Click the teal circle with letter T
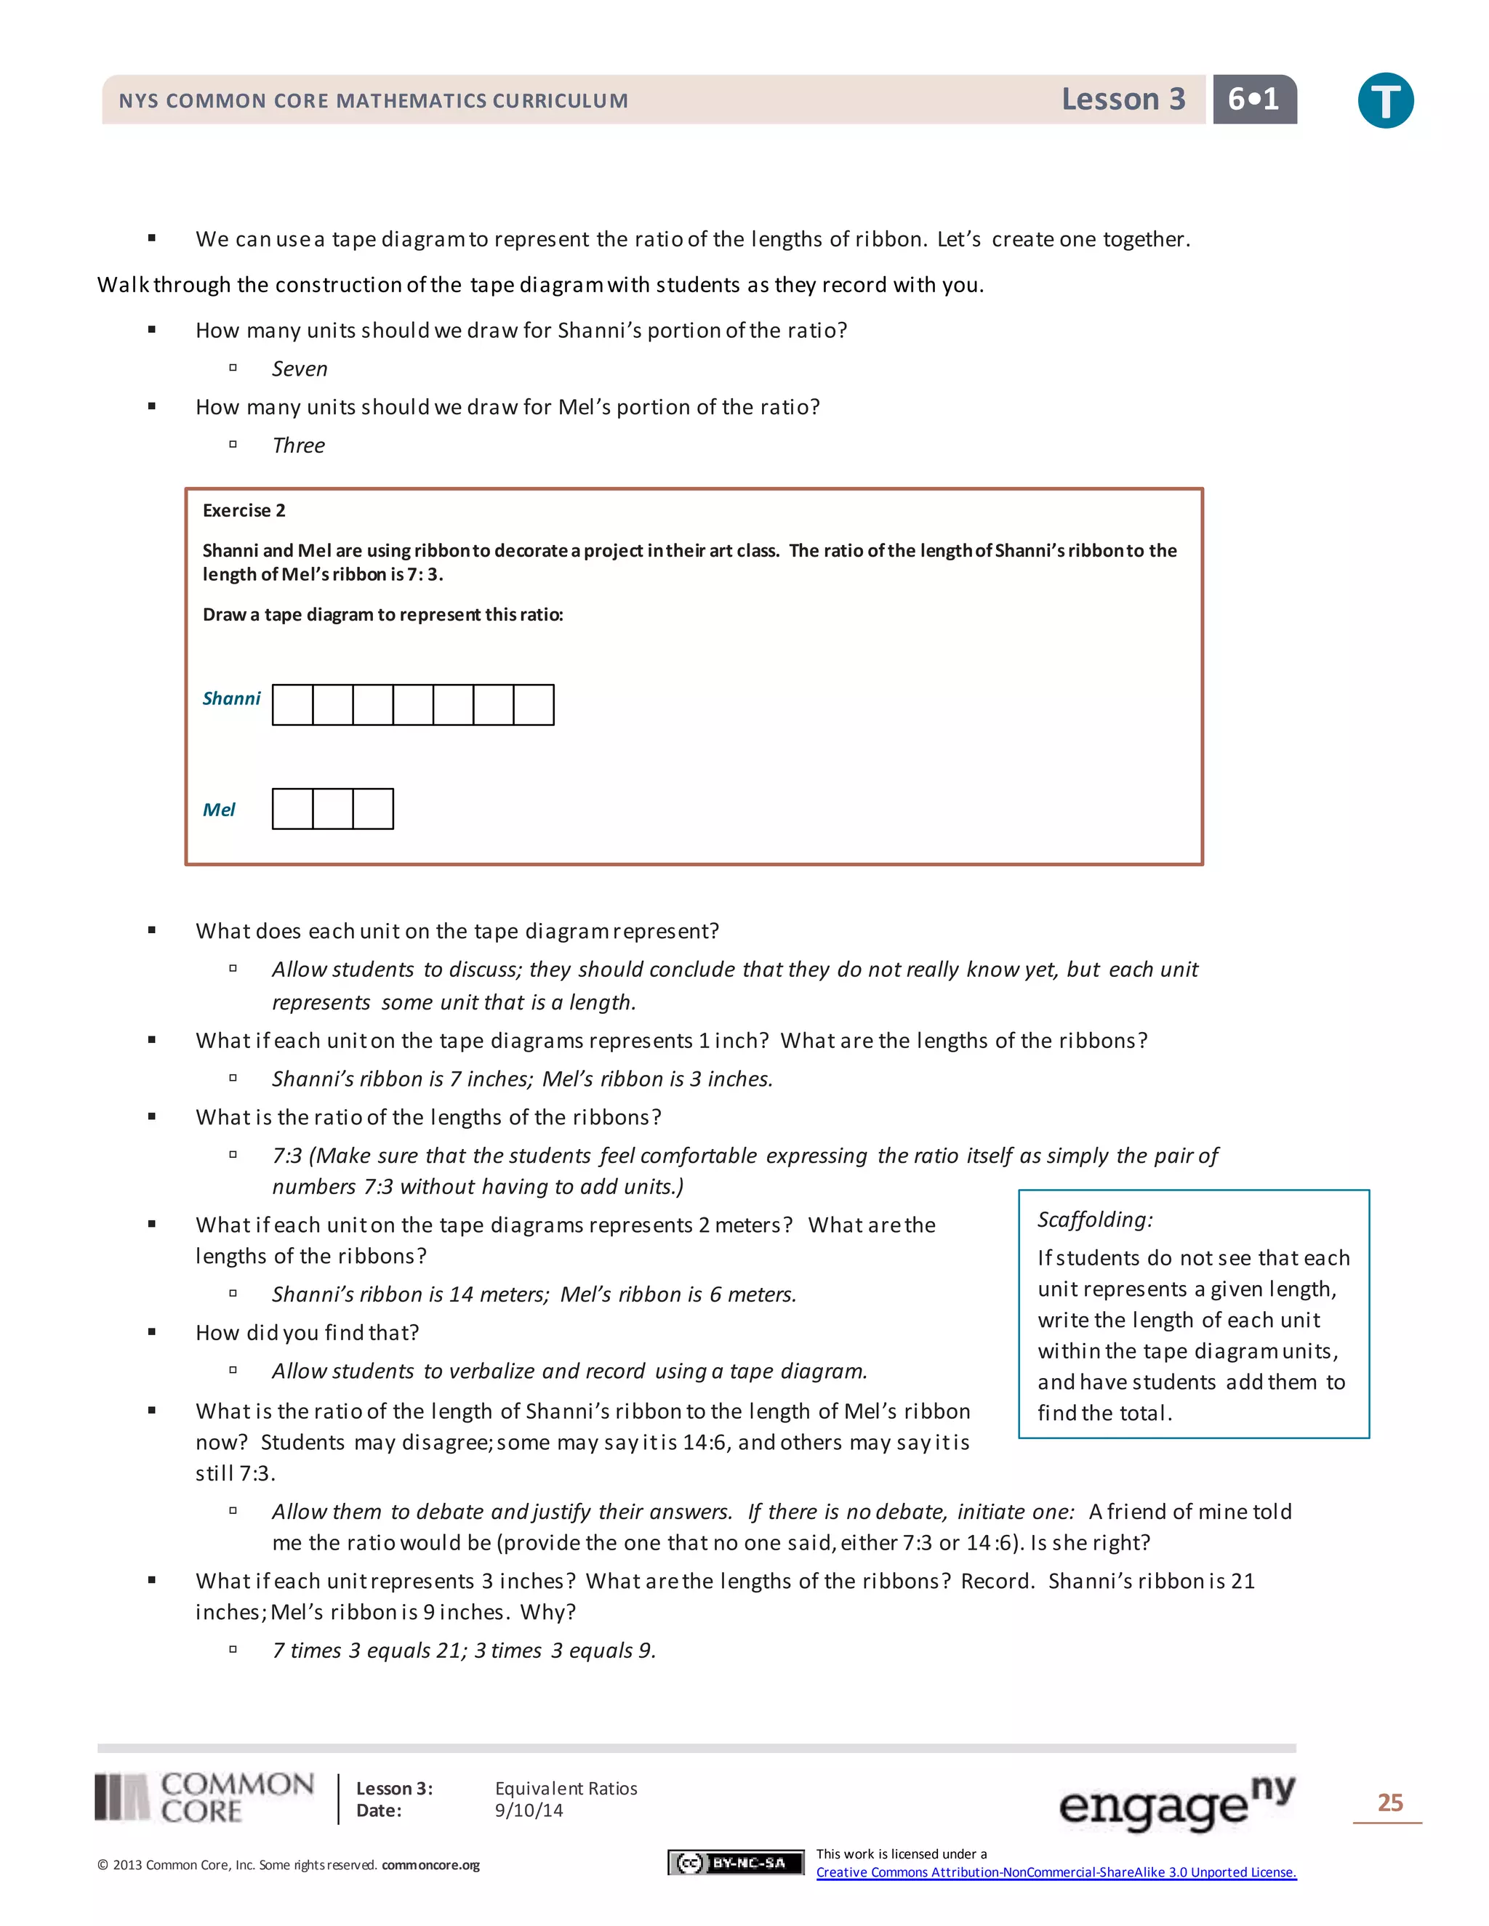[1385, 100]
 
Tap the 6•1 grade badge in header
[1253, 99]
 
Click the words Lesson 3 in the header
[1123, 99]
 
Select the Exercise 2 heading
[244, 511]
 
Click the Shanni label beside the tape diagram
[231, 698]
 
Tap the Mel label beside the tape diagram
[219, 810]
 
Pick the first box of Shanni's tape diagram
[293, 704]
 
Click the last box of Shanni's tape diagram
[534, 704]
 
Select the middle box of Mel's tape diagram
[332, 809]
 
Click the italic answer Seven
[299, 368]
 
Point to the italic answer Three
[298, 446]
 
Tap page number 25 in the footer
[1389, 1802]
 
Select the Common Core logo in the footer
[204, 1798]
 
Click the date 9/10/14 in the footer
[529, 1810]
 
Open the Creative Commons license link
[1056, 1872]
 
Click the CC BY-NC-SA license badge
[736, 1863]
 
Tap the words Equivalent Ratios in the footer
[566, 1789]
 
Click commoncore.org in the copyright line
[430, 1865]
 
